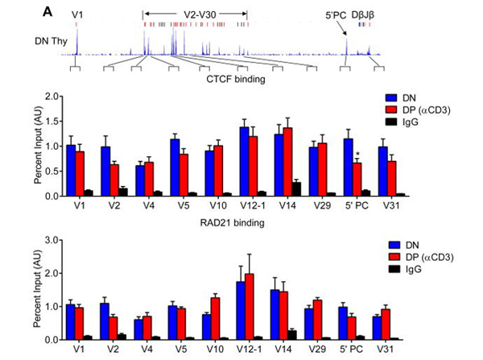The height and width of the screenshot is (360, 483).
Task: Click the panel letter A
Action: click(47, 12)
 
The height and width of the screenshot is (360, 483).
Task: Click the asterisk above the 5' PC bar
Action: click(357, 154)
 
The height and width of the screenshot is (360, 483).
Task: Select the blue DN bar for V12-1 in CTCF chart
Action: click(244, 162)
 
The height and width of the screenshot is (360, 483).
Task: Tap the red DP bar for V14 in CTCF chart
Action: click(287, 162)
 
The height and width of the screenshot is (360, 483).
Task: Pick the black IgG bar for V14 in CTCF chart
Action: click(296, 189)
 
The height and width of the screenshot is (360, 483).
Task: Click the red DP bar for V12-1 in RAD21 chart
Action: click(250, 307)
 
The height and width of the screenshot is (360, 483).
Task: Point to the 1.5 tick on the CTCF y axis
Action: click(52, 122)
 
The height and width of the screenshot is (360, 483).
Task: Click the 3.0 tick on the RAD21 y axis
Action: click(52, 240)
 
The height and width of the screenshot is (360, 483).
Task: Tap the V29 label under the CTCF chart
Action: click(322, 205)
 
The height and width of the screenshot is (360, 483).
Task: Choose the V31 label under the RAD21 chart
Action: click(385, 350)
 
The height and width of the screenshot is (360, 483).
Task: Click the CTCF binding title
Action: click(236, 79)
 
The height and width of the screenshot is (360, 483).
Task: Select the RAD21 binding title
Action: click(233, 222)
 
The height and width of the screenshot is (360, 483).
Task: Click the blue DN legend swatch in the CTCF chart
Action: click(392, 98)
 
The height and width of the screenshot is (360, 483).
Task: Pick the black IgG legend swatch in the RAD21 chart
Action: click(395, 269)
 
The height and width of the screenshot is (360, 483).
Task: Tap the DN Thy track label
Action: click(52, 41)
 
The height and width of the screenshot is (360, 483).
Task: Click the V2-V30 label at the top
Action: click(200, 14)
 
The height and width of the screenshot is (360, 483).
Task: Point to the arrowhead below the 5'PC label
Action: click(345, 33)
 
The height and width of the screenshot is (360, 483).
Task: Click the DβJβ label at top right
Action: click(363, 14)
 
